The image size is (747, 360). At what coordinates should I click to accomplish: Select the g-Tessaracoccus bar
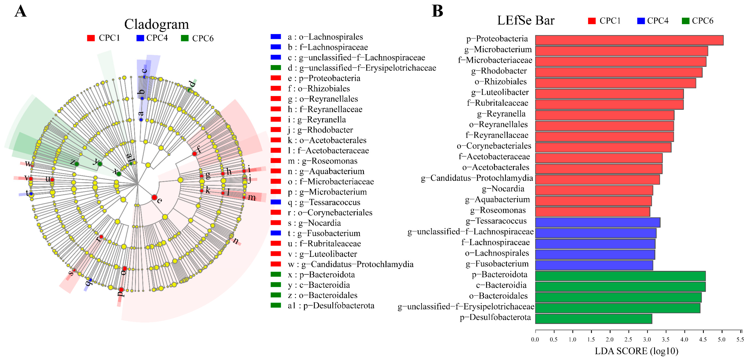597,222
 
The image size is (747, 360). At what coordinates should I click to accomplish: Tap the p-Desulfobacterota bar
593,319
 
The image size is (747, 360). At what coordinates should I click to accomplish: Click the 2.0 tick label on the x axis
610,339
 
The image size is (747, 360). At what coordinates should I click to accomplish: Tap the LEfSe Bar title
525,21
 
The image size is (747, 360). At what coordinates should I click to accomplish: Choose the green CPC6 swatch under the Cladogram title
184,38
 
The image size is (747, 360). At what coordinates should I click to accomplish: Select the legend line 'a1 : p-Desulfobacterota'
331,306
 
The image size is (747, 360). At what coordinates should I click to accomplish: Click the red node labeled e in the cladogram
154,197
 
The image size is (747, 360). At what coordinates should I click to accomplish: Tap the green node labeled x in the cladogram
119,174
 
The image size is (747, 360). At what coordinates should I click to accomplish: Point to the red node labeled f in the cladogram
195,154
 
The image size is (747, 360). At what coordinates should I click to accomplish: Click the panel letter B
437,12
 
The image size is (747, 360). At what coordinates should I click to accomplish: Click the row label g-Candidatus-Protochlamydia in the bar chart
477,178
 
